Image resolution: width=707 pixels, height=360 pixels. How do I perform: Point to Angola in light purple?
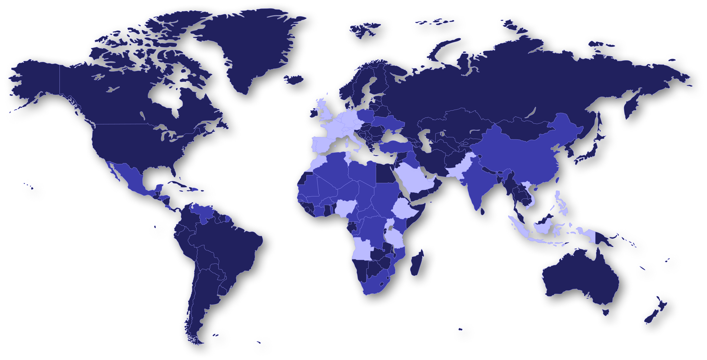[x=362, y=248]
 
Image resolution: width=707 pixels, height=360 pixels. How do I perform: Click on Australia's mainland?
[x=579, y=277]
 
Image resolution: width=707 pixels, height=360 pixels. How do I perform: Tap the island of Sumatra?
[x=519, y=228]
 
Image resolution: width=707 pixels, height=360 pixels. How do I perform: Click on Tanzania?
[x=395, y=239]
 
